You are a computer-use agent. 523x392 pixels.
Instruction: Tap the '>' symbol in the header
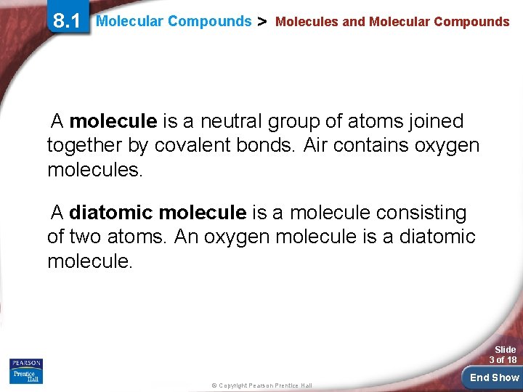[x=263, y=21]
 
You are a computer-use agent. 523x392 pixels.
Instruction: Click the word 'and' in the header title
[x=353, y=22]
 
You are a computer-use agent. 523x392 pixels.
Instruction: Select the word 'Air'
[x=316, y=146]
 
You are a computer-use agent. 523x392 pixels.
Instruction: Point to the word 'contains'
[x=373, y=146]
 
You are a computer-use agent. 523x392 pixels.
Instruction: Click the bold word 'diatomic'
[x=111, y=213]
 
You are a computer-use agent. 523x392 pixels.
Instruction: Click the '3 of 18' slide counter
[x=503, y=359]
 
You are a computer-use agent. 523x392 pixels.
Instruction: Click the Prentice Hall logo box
[x=26, y=371]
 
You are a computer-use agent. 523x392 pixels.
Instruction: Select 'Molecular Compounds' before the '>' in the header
[x=174, y=21]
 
